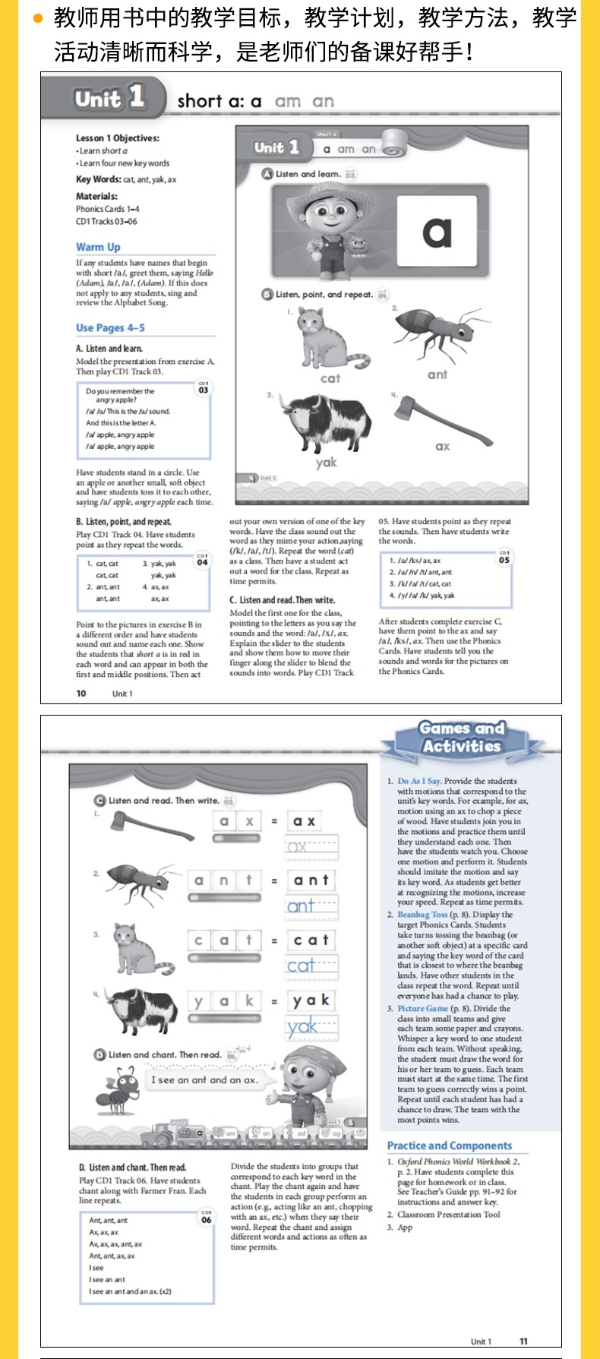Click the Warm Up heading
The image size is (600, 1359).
(98, 247)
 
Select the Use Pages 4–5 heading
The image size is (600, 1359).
(110, 327)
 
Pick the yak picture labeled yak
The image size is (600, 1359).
(326, 425)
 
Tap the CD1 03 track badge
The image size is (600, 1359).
(204, 387)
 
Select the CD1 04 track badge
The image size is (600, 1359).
(202, 560)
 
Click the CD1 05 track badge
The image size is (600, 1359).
(504, 558)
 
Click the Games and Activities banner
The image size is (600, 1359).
(462, 738)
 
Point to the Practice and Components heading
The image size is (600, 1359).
(450, 1146)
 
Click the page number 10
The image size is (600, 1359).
(81, 693)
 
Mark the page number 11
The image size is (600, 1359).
(523, 1341)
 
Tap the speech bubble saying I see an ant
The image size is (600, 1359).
(204, 1079)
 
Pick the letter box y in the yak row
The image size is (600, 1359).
(198, 1001)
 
